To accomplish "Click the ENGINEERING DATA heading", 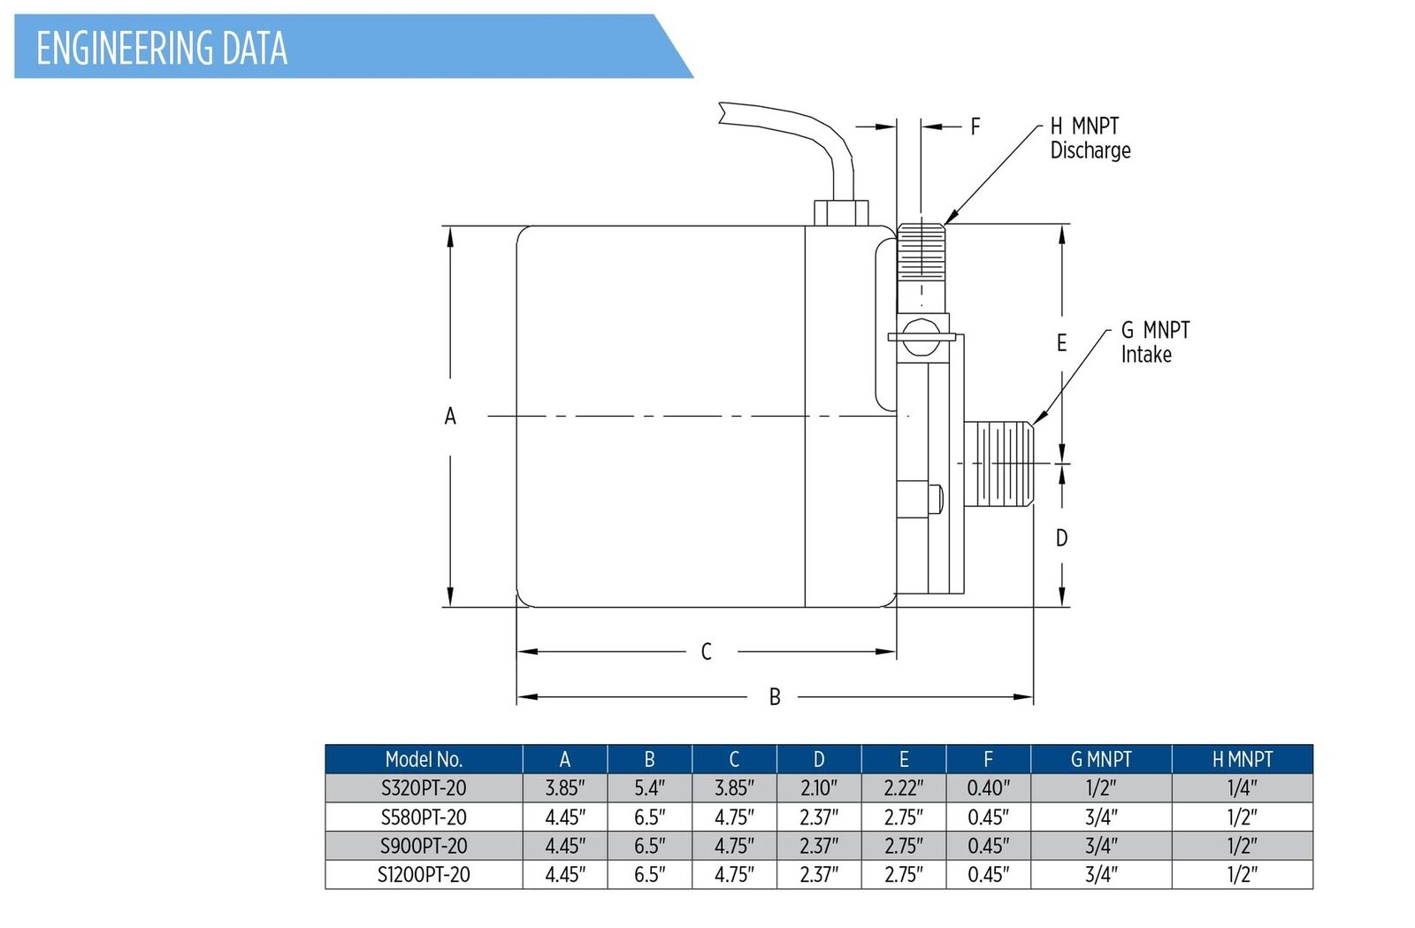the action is click(x=162, y=48).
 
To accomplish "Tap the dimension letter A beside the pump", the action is click(x=450, y=417).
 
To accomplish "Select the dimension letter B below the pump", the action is click(x=775, y=697).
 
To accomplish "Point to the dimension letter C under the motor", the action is click(x=707, y=651).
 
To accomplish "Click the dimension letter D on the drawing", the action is click(x=1062, y=538).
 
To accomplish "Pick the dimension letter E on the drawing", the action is click(x=1062, y=343).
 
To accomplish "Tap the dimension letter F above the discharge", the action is click(x=975, y=127).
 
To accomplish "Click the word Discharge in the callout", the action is click(x=1090, y=150).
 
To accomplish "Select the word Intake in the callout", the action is click(x=1146, y=355).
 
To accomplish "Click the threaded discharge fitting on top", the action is click(x=922, y=252).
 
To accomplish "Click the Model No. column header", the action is click(x=424, y=759).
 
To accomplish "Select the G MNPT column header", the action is click(x=1101, y=759).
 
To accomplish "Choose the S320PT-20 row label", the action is click(x=424, y=788).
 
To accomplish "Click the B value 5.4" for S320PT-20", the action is click(x=649, y=788).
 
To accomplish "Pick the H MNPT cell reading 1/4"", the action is click(x=1242, y=788).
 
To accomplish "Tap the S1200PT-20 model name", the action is click(x=424, y=875).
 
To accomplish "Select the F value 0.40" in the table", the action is click(x=989, y=788).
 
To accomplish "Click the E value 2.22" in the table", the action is click(x=903, y=788).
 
